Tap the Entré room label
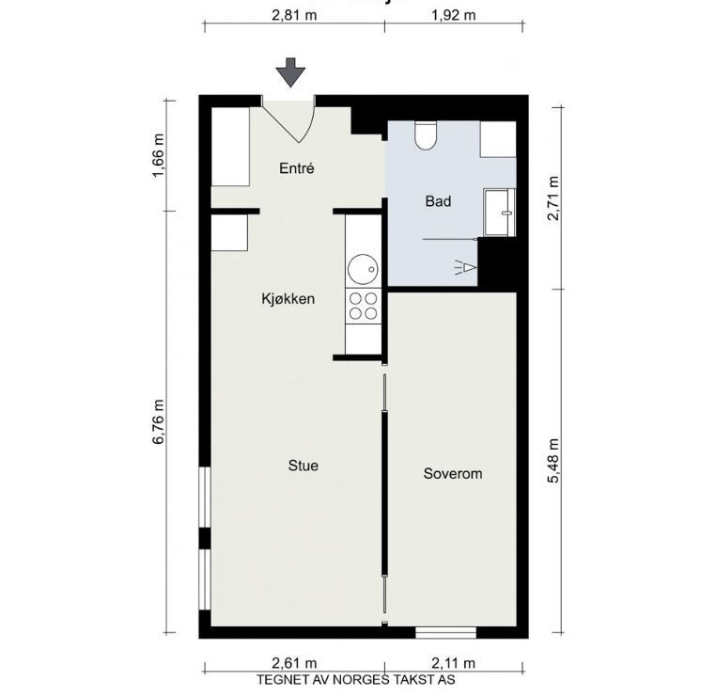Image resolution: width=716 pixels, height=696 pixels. pyautogui.click(x=296, y=169)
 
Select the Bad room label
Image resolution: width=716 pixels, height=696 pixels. pyautogui.click(x=438, y=201)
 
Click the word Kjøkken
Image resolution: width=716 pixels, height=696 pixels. pyautogui.click(x=288, y=299)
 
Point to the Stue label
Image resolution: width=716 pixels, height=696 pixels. pyautogui.click(x=303, y=466)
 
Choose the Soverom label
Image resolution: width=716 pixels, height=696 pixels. pyautogui.click(x=452, y=473)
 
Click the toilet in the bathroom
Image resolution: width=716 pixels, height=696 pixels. pyautogui.click(x=426, y=136)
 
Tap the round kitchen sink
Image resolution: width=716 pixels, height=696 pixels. pyautogui.click(x=363, y=271)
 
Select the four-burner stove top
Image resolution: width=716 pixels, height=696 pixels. pyautogui.click(x=364, y=306)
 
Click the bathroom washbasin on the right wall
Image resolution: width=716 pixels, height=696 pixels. pyautogui.click(x=499, y=212)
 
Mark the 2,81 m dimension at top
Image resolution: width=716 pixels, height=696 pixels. pyautogui.click(x=293, y=15)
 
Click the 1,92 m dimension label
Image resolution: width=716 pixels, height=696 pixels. pyautogui.click(x=453, y=15)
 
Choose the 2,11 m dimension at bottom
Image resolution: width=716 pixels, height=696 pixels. pyautogui.click(x=452, y=663)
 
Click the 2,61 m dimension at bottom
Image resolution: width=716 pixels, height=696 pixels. pyautogui.click(x=293, y=663)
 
